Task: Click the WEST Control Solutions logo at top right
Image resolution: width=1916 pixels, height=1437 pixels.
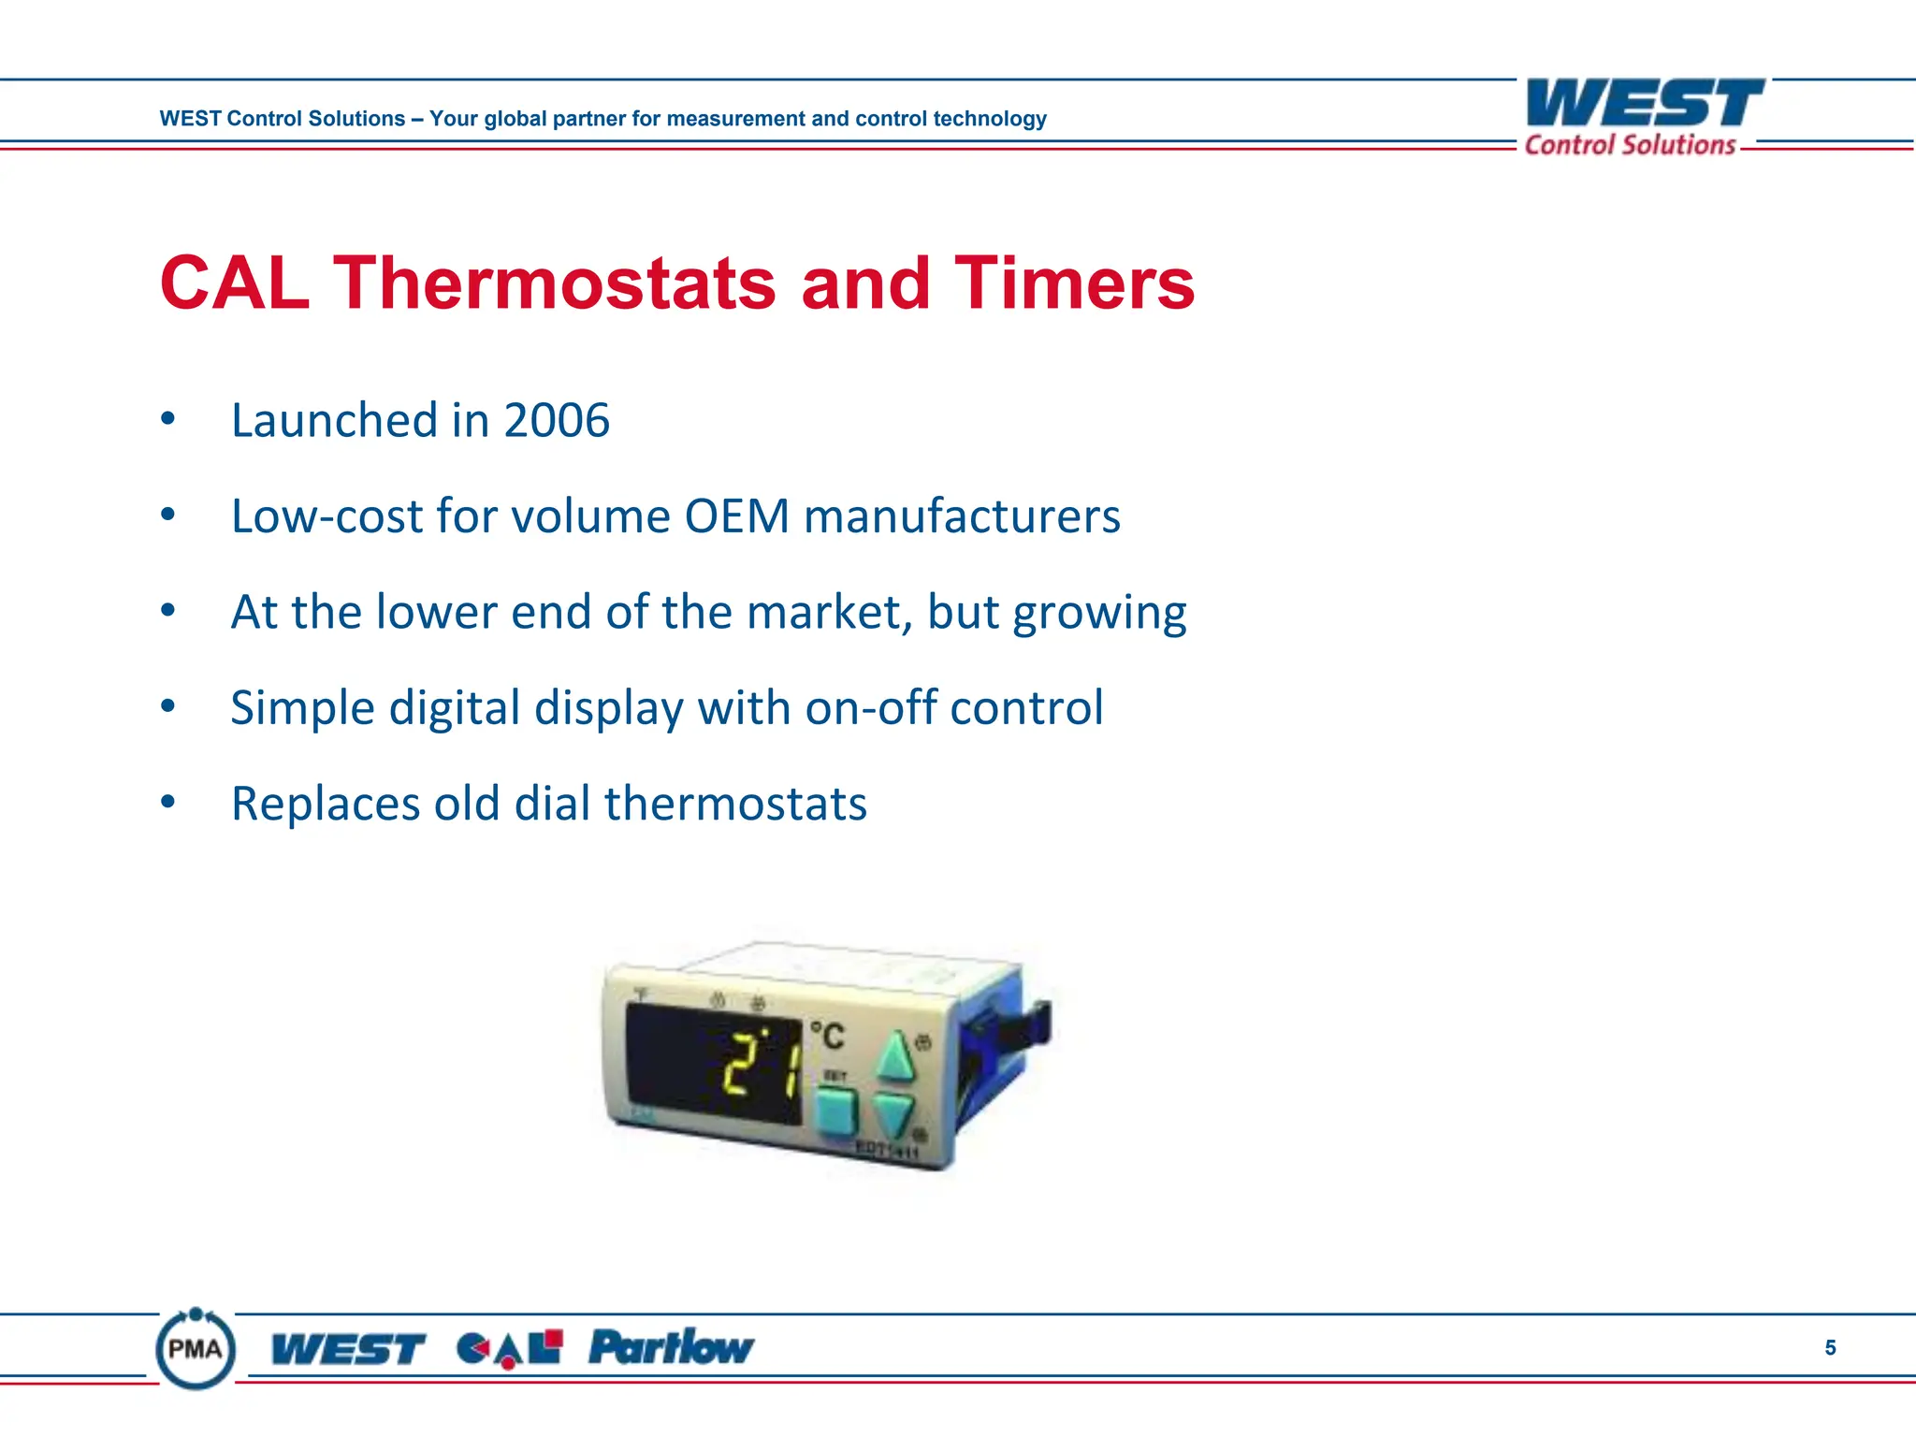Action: pyautogui.click(x=1645, y=116)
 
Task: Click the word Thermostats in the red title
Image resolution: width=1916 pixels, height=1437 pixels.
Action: pyautogui.click(x=555, y=283)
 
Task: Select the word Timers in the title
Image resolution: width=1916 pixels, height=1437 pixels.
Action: pyautogui.click(x=1074, y=283)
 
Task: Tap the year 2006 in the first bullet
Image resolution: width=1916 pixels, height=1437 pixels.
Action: pyautogui.click(x=557, y=420)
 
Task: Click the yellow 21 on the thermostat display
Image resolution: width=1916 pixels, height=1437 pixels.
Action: pyautogui.click(x=760, y=1065)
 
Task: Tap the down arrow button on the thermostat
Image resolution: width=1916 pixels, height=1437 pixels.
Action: pyautogui.click(x=893, y=1113)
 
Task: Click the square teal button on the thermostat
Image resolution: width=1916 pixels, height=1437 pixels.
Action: pyautogui.click(x=835, y=1111)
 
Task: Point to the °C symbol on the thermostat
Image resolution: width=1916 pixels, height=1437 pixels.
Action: pyautogui.click(x=827, y=1036)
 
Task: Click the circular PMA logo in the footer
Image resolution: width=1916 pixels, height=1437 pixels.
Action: pyautogui.click(x=196, y=1348)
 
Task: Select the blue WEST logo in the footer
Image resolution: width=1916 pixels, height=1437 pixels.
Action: pyautogui.click(x=348, y=1349)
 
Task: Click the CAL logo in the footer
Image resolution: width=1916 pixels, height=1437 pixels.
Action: pyautogui.click(x=510, y=1349)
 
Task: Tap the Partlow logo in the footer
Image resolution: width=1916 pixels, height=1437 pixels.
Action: pyautogui.click(x=671, y=1347)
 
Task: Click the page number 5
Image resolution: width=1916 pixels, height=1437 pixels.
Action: pyautogui.click(x=1830, y=1348)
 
